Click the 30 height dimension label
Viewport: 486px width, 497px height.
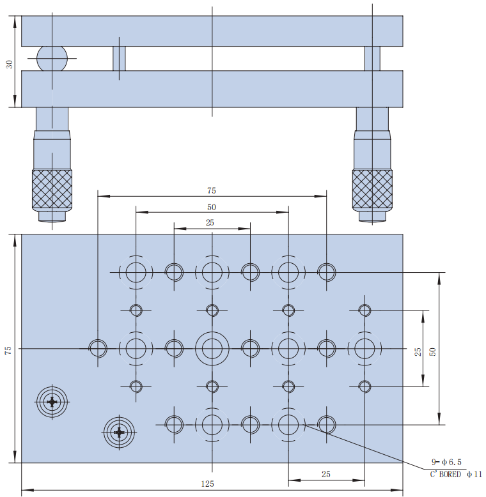pyautogui.click(x=10, y=65)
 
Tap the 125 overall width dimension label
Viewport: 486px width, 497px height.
pyautogui.click(x=207, y=484)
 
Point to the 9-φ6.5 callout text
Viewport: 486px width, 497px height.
pyautogui.click(x=446, y=462)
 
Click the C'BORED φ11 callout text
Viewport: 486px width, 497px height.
pyautogui.click(x=456, y=474)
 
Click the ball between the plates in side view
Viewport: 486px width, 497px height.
pyautogui.click(x=52, y=59)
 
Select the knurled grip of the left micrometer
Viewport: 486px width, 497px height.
pyautogui.click(x=52, y=189)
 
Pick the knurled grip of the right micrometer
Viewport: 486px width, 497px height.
pyautogui.click(x=372, y=189)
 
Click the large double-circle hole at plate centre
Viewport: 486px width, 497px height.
pyautogui.click(x=212, y=349)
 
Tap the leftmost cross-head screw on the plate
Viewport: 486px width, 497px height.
pyautogui.click(x=52, y=402)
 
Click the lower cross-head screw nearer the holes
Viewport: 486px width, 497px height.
pyautogui.click(x=120, y=432)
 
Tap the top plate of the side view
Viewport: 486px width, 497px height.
pyautogui.click(x=212, y=31)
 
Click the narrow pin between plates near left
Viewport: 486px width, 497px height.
pyautogui.click(x=120, y=59)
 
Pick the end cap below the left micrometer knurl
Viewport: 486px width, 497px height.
pyautogui.click(x=52, y=216)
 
